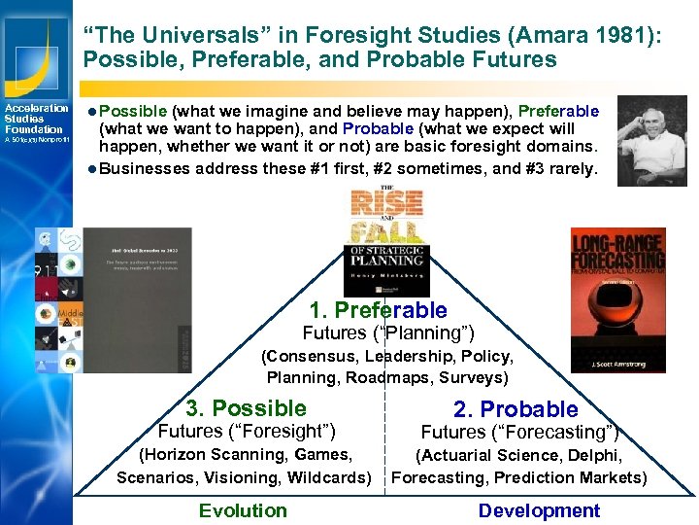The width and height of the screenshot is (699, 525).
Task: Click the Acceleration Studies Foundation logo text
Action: coord(35,119)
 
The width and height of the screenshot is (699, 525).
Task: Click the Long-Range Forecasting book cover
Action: coord(617,299)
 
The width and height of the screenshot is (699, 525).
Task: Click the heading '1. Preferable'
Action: coord(378,311)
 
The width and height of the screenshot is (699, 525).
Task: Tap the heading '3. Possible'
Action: coord(247,408)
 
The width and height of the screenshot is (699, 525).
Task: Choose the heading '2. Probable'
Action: coord(516,409)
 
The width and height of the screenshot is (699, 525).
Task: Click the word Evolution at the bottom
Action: coord(243,510)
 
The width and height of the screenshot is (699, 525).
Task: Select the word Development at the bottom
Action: coord(539,510)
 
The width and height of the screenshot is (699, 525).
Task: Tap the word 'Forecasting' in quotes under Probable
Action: coord(558,433)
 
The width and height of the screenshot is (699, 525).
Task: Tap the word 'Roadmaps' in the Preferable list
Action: coord(383,377)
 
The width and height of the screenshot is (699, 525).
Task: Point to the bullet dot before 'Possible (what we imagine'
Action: coord(89,112)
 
